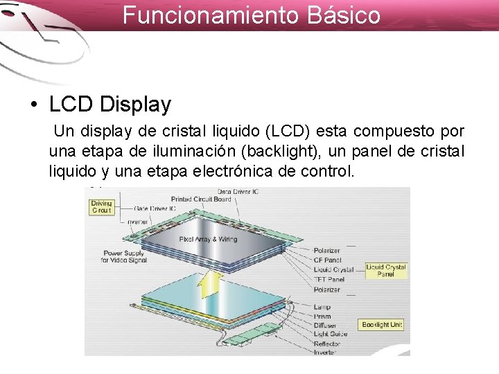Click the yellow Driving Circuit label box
(102, 206)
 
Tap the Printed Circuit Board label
(201, 199)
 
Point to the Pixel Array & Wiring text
(208, 239)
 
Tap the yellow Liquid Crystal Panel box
(386, 270)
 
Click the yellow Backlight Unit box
(382, 325)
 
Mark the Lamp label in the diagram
(322, 307)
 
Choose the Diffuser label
(325, 326)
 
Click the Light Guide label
(329, 335)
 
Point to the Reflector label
(327, 344)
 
